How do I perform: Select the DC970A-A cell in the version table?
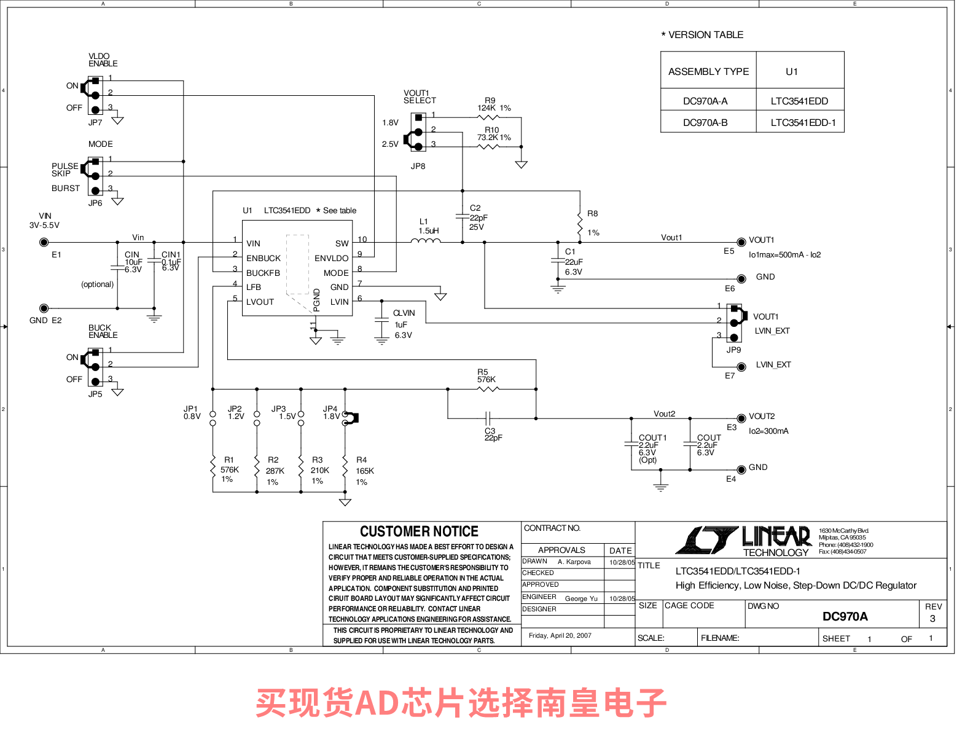pos(705,101)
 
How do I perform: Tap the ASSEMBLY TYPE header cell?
pos(708,71)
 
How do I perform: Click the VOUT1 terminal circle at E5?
pos(741,243)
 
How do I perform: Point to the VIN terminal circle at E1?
pos(44,243)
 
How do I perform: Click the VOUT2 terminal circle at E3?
pos(741,418)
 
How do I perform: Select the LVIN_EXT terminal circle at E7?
pos(741,367)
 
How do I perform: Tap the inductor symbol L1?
pos(426,241)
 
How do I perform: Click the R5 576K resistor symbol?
pos(488,389)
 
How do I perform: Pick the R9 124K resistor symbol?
pos(488,117)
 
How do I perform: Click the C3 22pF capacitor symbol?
pos(488,418)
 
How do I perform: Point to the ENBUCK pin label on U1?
pos(264,258)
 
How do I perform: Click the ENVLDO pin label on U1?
pos(331,258)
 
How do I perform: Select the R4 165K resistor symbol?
pos(345,471)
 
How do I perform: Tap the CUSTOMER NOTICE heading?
pos(419,531)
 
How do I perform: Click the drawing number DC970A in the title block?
pos(845,616)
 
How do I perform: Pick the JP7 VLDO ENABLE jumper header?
pos(95,95)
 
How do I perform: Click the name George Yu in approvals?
pos(581,598)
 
